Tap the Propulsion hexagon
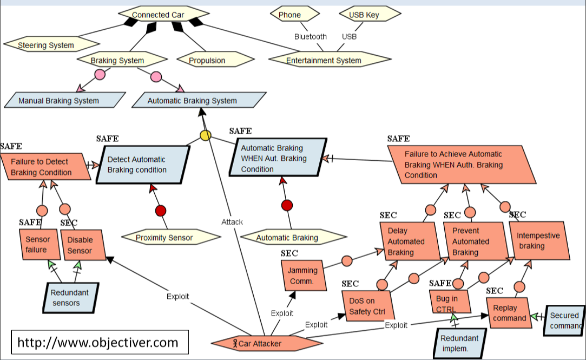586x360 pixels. pyautogui.click(x=207, y=60)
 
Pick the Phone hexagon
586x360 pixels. pyautogui.click(x=289, y=15)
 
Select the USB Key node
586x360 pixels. pyautogui.click(x=364, y=15)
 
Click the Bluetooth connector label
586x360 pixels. pyautogui.click(x=310, y=37)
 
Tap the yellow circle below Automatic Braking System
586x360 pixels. pyautogui.click(x=206, y=135)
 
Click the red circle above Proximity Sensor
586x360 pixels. pyautogui.click(x=161, y=211)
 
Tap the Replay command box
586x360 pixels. pyautogui.click(x=509, y=312)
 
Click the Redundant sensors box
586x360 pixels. pyautogui.click(x=70, y=298)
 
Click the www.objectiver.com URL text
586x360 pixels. pyautogui.click(x=98, y=343)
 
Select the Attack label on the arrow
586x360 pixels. pyautogui.click(x=232, y=221)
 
